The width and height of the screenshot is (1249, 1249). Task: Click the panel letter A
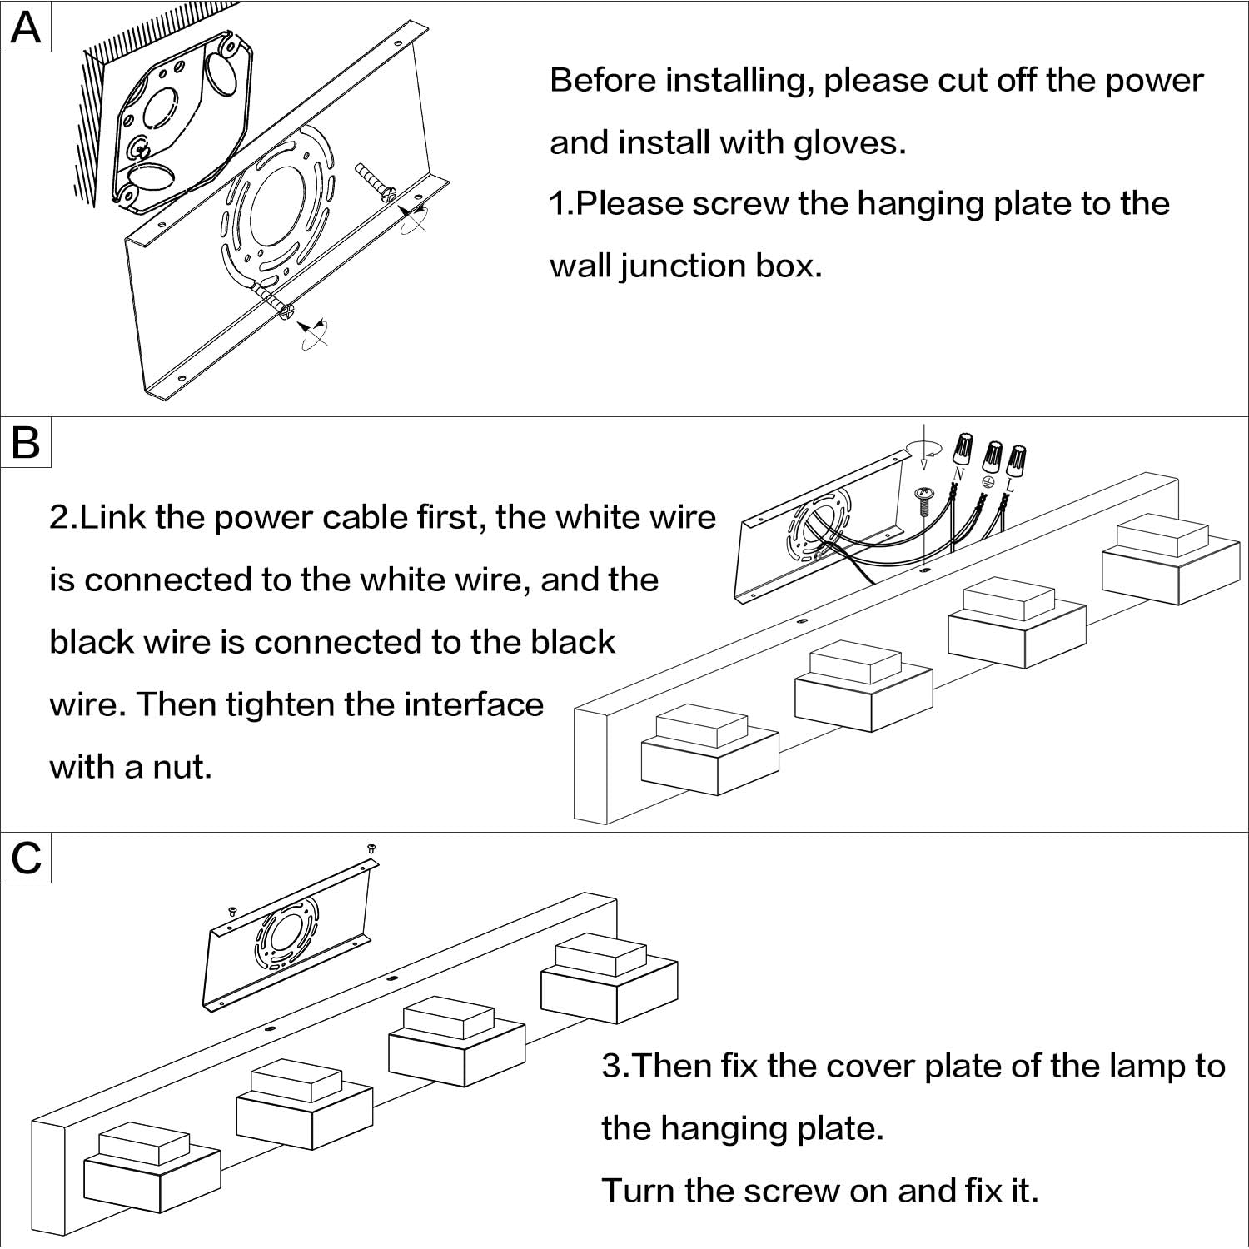coord(26,27)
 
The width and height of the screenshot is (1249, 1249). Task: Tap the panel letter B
coord(26,441)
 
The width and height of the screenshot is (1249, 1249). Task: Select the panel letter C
coord(27,858)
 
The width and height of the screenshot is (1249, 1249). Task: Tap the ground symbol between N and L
coord(988,481)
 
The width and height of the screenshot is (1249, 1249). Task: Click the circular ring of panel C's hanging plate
coord(287,937)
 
